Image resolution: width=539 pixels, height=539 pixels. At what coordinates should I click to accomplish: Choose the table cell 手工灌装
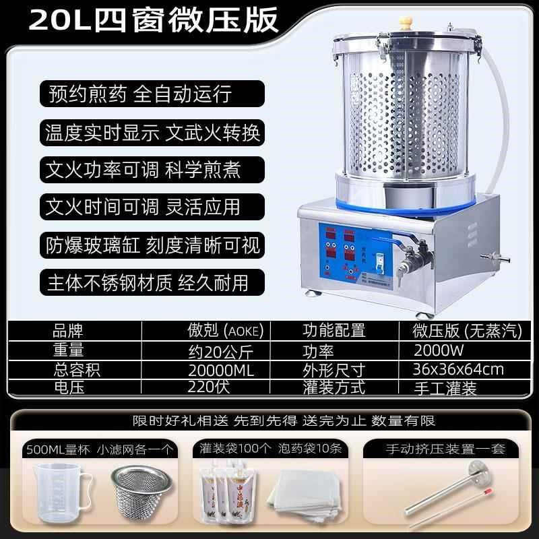click(447, 388)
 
